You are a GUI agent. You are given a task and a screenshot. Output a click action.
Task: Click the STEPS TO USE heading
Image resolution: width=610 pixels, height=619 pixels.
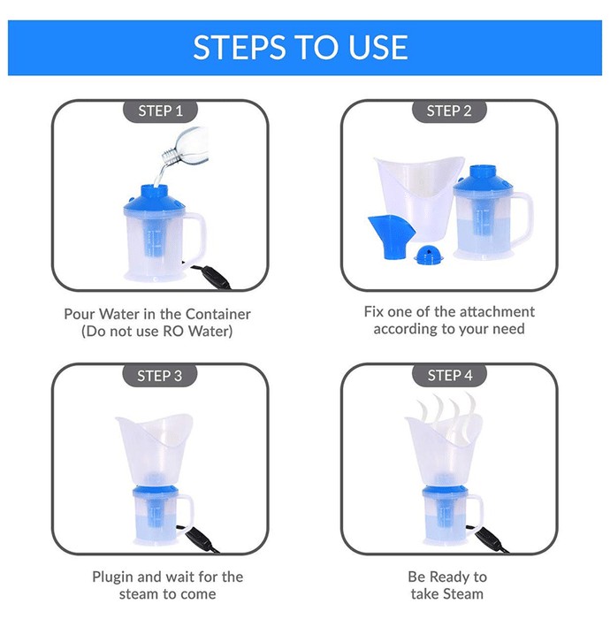301,47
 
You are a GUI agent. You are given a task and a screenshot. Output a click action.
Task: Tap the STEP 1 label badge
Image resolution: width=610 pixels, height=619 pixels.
160,111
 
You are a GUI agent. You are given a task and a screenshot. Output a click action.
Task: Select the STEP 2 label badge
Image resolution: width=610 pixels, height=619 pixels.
449,111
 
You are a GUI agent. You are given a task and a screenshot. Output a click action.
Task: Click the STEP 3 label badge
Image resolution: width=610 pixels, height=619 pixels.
160,376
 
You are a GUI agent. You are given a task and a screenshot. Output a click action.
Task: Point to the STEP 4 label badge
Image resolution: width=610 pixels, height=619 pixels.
449,376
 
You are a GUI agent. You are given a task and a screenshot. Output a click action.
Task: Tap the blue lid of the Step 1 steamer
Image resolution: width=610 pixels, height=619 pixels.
155,201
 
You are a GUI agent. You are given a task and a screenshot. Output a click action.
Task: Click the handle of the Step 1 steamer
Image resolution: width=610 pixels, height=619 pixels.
197,237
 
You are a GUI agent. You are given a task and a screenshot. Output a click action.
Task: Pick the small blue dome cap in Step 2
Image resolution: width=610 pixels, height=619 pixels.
429,255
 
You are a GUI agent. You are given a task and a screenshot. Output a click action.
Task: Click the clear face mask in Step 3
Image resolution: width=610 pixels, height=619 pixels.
155,450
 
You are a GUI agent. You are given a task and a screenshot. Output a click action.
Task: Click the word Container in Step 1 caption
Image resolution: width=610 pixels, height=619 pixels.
217,314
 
